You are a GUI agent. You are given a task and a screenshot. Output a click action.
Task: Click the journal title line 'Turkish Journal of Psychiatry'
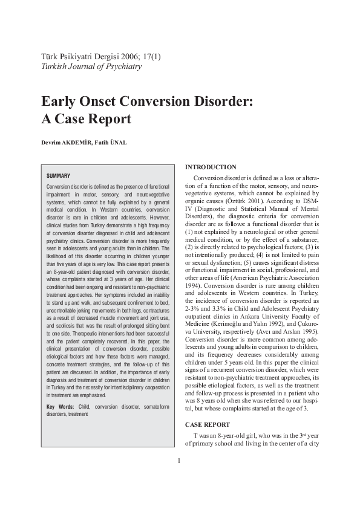pyautogui.click(x=91, y=66)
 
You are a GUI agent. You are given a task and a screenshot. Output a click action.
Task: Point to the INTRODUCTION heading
pyautogui.click(x=211, y=166)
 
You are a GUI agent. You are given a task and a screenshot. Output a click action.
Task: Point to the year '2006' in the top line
pyautogui.click(x=126, y=56)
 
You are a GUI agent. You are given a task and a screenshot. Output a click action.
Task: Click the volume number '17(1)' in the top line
pyautogui.click(x=150, y=56)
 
